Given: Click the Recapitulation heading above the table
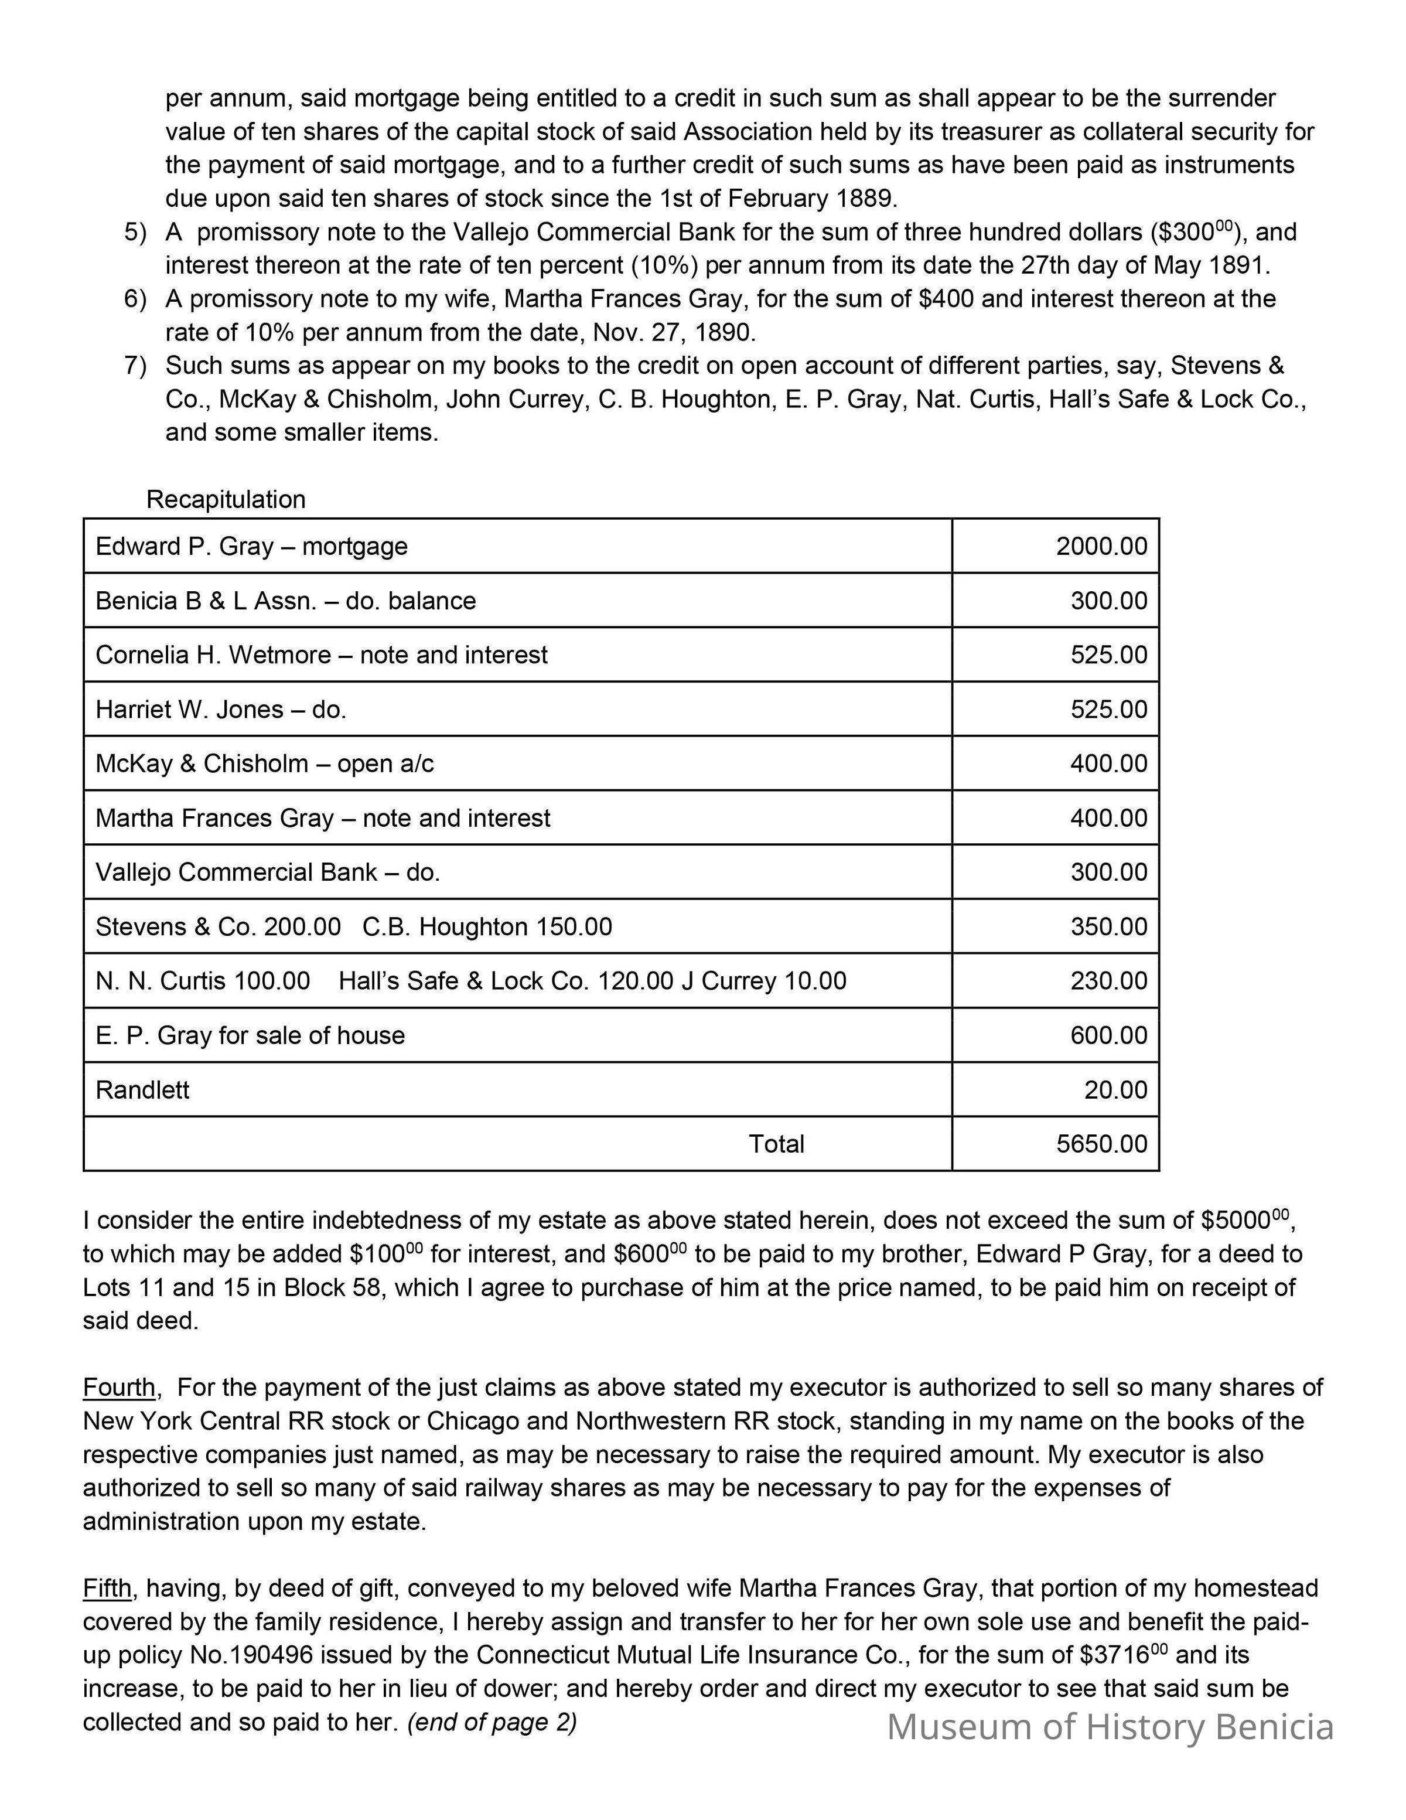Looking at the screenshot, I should point(226,499).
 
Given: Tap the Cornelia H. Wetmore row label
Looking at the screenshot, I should point(322,655).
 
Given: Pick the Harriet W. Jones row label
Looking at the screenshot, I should point(221,709).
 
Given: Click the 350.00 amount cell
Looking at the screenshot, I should point(1108,926).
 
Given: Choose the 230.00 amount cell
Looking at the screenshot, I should point(1108,981).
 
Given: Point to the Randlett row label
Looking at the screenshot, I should point(142,1090).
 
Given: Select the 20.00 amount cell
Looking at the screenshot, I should point(1114,1090).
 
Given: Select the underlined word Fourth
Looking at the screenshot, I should point(118,1388).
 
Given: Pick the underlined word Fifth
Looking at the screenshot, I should point(107,1589).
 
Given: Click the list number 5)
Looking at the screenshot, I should point(135,231).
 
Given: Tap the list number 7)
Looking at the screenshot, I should point(135,366).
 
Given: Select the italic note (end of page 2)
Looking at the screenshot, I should point(492,1723).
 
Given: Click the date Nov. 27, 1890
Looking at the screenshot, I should point(674,332).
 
